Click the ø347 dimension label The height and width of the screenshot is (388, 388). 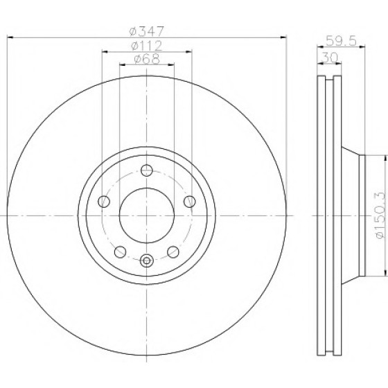coord(146,31)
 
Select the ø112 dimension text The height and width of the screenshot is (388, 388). coord(146,46)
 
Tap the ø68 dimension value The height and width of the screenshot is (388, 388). coord(147,59)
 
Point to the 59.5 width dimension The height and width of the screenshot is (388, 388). coord(341,41)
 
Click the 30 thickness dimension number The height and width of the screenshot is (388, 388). coord(329,58)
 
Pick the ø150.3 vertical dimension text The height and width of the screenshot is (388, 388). coord(380,215)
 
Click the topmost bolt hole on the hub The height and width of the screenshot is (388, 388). coord(147,170)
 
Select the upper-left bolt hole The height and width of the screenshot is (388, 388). coord(104,202)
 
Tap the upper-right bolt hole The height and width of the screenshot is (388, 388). coord(190,202)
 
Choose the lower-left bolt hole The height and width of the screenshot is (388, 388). coord(121,252)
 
